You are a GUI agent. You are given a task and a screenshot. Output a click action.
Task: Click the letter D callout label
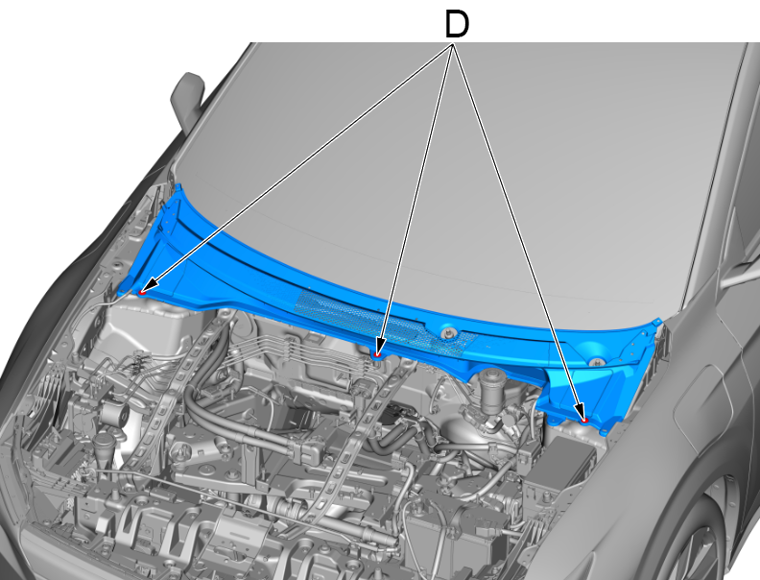point(457,25)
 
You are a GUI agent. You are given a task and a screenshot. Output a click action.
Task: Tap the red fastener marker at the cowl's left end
point(142,292)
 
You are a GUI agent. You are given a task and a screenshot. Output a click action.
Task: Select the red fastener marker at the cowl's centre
point(377,355)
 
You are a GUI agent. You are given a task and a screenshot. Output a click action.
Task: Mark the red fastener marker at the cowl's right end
point(584,420)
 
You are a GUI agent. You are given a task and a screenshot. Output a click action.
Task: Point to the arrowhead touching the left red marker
point(153,284)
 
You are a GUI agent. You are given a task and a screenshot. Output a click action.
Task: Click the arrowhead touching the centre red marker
point(380,346)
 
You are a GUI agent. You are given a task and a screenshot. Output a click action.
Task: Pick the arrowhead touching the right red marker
point(580,410)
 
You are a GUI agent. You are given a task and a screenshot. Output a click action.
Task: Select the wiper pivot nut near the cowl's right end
point(597,362)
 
